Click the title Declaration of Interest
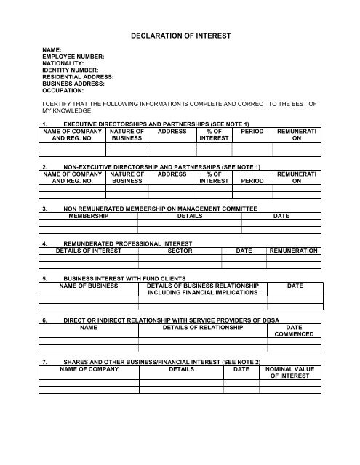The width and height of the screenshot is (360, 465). pyautogui.click(x=180, y=34)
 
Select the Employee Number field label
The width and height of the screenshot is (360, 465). pyautogui.click(x=73, y=56)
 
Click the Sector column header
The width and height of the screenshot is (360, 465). pyautogui.click(x=179, y=250)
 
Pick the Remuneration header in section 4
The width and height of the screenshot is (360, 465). pyautogui.click(x=293, y=250)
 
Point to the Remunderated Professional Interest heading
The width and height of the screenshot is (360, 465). pyautogui.click(x=131, y=243)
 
